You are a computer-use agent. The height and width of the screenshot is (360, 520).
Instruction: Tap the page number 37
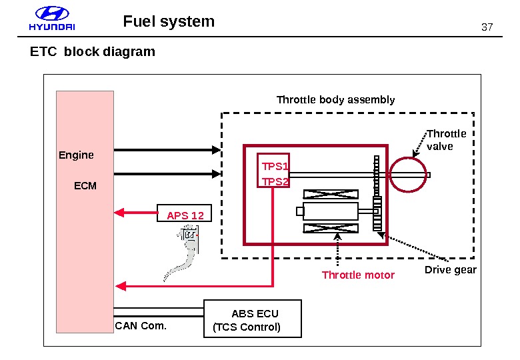click(486, 27)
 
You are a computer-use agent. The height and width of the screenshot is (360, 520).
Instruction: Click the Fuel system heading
click(169, 21)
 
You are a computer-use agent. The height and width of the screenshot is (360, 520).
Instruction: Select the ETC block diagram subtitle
click(92, 51)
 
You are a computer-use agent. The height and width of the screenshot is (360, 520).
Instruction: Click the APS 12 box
click(185, 215)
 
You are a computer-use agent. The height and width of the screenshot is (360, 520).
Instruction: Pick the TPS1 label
click(275, 166)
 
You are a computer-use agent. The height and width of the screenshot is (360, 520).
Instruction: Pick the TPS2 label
click(275, 181)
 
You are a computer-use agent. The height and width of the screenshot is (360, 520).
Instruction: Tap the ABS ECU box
click(254, 319)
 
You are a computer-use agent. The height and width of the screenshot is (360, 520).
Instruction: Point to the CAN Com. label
click(141, 326)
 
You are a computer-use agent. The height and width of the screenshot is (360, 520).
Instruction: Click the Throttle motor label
click(358, 275)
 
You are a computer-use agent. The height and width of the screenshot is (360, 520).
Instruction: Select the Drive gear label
click(451, 269)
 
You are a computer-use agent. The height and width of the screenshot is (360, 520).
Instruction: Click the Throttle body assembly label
click(335, 100)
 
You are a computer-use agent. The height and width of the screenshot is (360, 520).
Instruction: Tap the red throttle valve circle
click(407, 175)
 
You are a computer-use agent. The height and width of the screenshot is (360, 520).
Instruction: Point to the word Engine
click(76, 155)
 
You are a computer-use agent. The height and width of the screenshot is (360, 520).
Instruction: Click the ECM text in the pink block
click(85, 185)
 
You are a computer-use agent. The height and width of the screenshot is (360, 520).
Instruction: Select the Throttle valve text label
click(446, 139)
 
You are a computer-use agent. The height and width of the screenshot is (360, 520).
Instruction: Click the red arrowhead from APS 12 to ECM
click(120, 213)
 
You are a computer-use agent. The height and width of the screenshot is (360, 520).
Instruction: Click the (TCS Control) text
click(246, 327)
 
